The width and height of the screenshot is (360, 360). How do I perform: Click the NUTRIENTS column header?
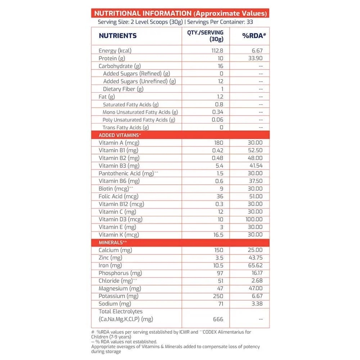117,36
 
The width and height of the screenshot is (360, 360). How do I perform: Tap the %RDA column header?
253,36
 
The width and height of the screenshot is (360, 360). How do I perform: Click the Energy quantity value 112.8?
217,51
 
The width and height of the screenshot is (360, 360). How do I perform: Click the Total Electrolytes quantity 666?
218,319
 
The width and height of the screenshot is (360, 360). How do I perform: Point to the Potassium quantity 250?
218,296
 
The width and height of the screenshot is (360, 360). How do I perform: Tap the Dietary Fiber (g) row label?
123,89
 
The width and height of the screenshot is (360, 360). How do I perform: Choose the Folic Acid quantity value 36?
220,196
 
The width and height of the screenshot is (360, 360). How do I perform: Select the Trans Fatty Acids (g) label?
126,127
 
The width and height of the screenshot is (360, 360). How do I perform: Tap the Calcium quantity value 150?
218,250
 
